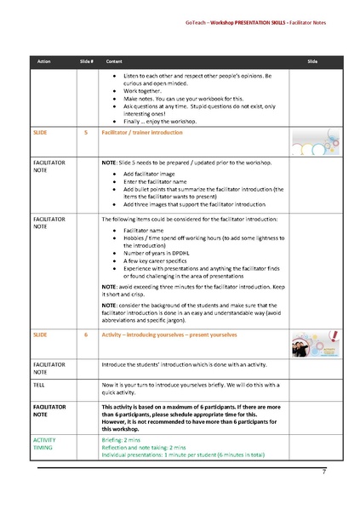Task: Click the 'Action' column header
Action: (44, 62)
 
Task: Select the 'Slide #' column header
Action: (85, 62)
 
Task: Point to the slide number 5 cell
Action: (85, 134)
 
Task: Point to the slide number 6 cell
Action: (85, 335)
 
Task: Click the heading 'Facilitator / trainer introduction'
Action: (140, 134)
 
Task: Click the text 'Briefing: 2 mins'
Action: (124, 438)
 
